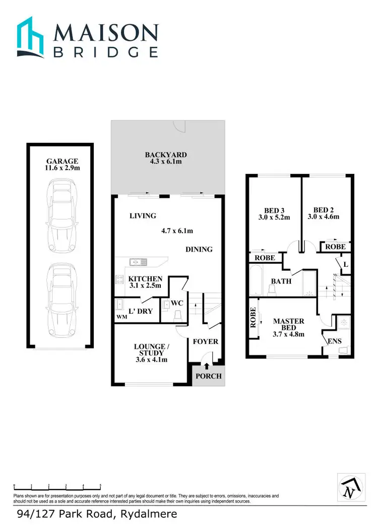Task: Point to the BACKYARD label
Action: pyautogui.click(x=166, y=155)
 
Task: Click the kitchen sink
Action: pyautogui.click(x=137, y=262)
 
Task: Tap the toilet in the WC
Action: pyautogui.click(x=177, y=314)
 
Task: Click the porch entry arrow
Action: pyautogui.click(x=207, y=359)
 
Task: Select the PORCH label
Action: pyautogui.click(x=208, y=376)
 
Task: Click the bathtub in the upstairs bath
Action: pyautogui.click(x=255, y=281)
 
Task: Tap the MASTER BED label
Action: pyautogui.click(x=288, y=324)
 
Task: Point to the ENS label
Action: pyautogui.click(x=335, y=341)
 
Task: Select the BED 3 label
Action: pyautogui.click(x=274, y=211)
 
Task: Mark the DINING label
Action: pyautogui.click(x=199, y=249)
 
